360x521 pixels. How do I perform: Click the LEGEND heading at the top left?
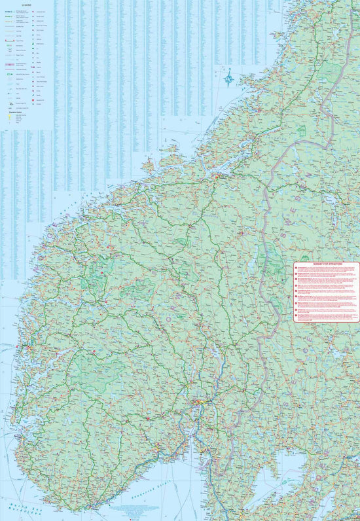[x=26, y=4]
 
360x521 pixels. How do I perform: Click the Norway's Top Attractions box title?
[x=327, y=264]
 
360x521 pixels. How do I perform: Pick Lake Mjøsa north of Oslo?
[x=216, y=353]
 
